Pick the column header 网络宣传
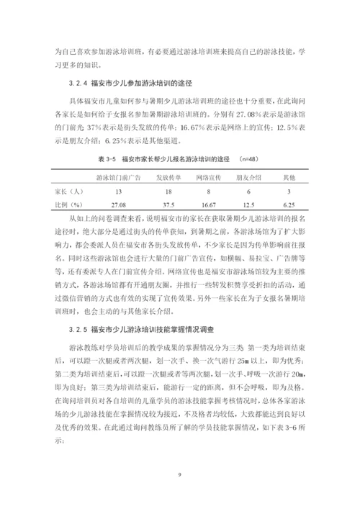[210, 176]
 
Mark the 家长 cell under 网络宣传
[210, 192]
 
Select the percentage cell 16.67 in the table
[210, 205]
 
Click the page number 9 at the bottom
[179, 474]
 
